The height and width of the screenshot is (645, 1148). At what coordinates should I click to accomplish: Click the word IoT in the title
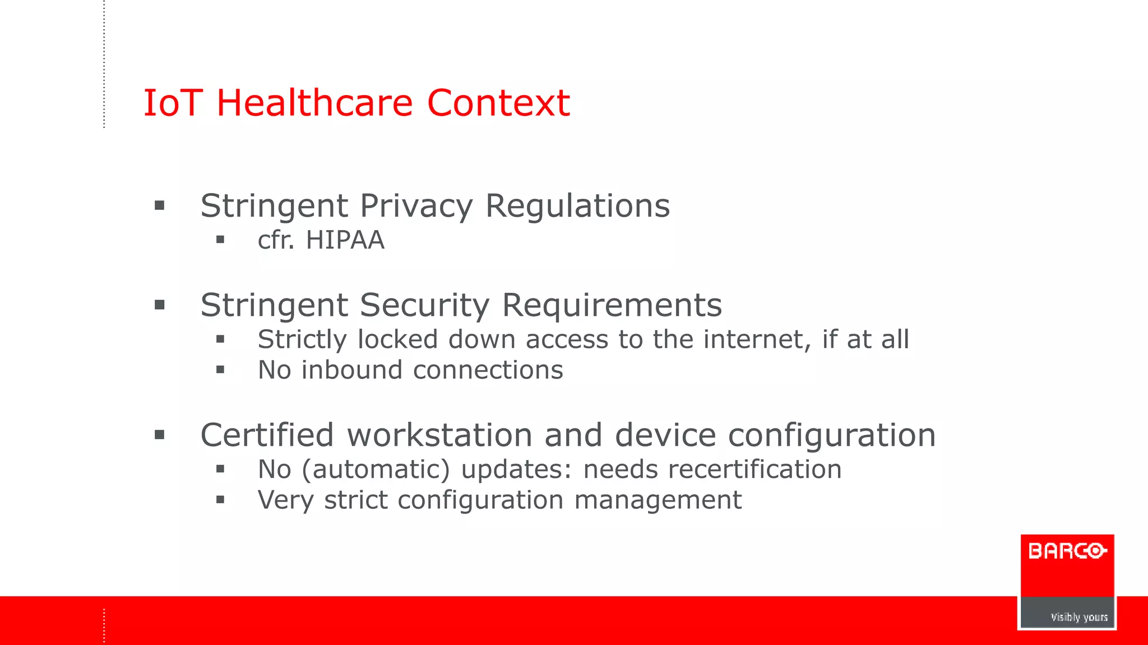pyautogui.click(x=172, y=103)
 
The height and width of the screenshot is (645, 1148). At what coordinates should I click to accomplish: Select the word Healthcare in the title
pyautogui.click(x=314, y=103)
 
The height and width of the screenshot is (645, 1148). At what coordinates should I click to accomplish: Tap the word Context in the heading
pyautogui.click(x=498, y=103)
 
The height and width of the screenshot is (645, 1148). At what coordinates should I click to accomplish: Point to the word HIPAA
pyautogui.click(x=345, y=240)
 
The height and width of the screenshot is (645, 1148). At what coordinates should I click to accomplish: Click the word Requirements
pyautogui.click(x=612, y=306)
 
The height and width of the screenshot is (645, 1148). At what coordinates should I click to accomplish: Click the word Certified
pyautogui.click(x=267, y=435)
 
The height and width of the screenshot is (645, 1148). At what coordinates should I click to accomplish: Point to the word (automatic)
pyautogui.click(x=376, y=469)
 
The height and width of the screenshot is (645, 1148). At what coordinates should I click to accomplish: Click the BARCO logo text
pyautogui.click(x=1067, y=551)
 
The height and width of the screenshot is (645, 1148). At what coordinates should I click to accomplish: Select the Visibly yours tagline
pyautogui.click(x=1078, y=617)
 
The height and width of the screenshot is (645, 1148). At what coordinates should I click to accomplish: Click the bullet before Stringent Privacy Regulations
pyautogui.click(x=160, y=205)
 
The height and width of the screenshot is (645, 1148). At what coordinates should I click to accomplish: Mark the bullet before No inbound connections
pyautogui.click(x=220, y=370)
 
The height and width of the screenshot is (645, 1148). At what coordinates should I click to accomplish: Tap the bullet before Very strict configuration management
pyautogui.click(x=220, y=499)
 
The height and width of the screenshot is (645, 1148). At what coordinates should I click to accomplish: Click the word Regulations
pyautogui.click(x=577, y=206)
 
